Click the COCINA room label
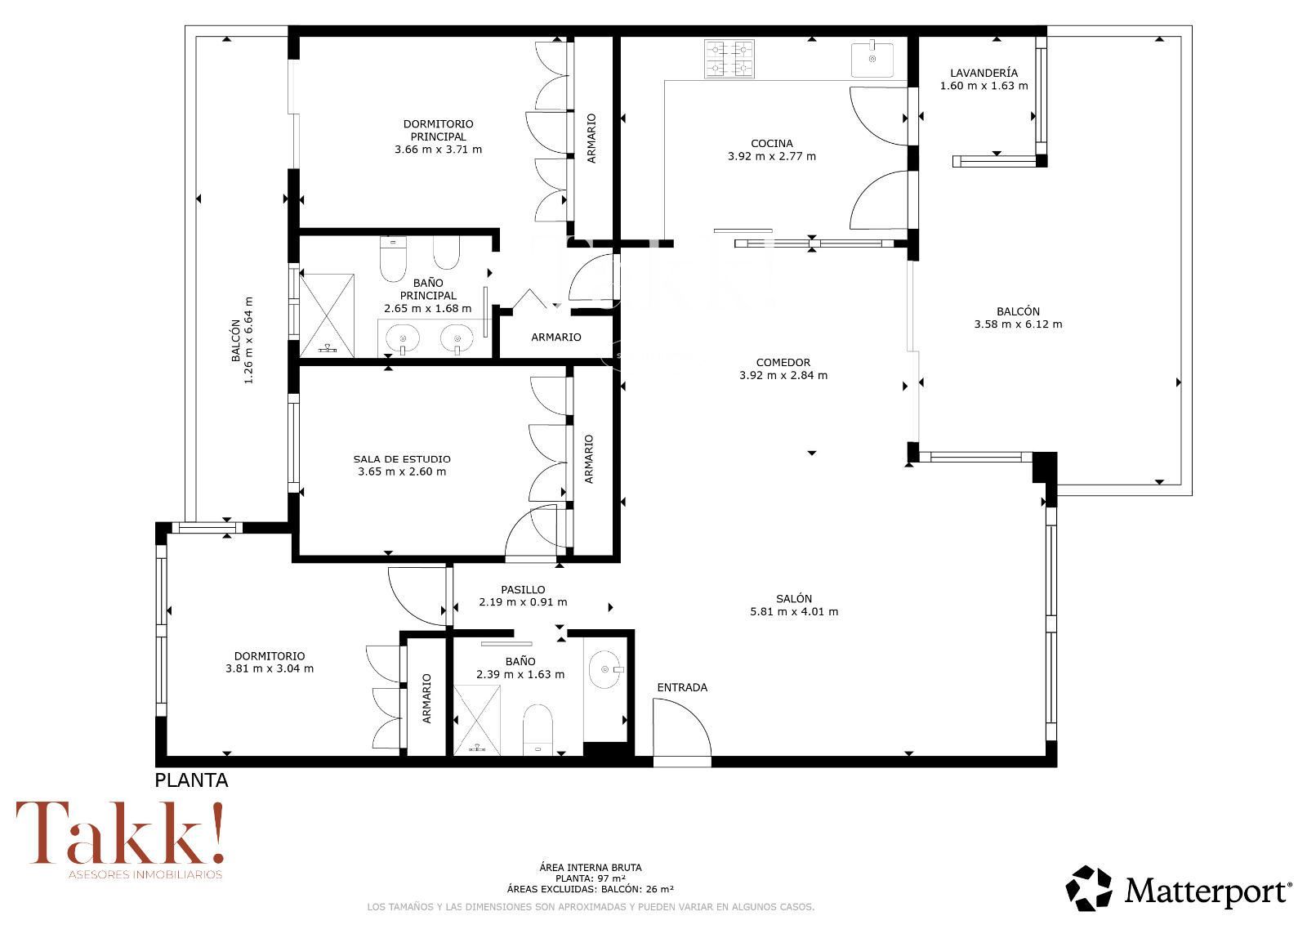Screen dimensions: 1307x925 pos(771,144)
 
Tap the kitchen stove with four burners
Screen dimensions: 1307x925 pos(729,59)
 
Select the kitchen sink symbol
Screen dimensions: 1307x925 pos(872,59)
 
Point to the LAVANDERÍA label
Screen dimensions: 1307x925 pos(984,73)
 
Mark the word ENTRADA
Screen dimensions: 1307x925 pos(682,688)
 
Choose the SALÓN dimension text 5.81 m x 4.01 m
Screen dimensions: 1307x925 pos(793,612)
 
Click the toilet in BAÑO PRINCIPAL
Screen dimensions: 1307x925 pos(393,258)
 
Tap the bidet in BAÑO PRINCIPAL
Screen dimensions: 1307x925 pos(446,252)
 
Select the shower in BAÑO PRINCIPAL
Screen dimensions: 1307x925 pos(327,315)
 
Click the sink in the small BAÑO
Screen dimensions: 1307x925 pos(605,669)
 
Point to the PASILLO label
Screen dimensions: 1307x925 pos(523,590)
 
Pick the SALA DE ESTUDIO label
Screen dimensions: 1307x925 pos(402,459)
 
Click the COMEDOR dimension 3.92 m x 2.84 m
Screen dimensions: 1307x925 pos(783,375)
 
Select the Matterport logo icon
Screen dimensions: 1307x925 pos(1089,888)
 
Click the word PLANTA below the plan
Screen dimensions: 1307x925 pos(191,780)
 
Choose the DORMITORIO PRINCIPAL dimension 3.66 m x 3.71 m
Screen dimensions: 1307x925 pos(438,150)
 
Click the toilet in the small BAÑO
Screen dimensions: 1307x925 pos(538,730)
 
